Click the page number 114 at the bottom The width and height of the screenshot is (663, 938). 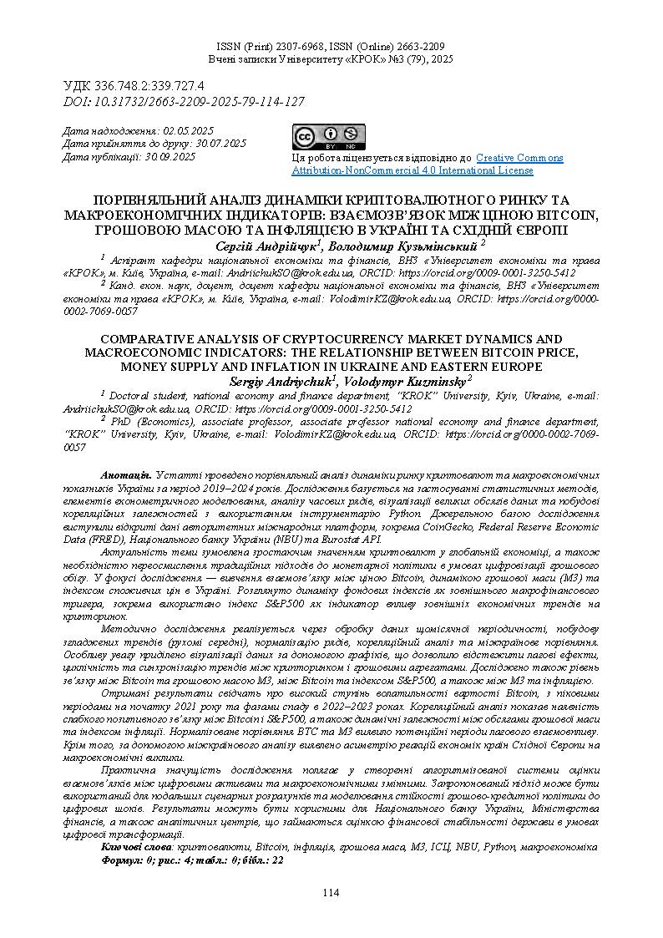tap(331, 893)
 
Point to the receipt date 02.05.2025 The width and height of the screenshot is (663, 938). tap(189, 131)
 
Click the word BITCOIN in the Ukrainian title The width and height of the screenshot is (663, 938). tap(568, 214)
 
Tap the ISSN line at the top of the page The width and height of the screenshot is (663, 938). tap(331, 47)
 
